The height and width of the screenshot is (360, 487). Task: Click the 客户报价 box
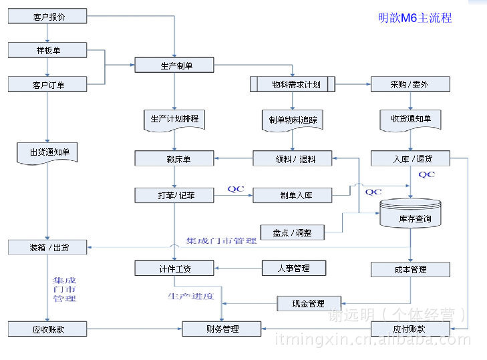click(x=48, y=15)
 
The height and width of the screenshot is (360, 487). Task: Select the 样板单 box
click(x=48, y=50)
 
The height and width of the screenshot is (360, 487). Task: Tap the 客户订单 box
click(x=48, y=85)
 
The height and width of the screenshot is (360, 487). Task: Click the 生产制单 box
click(x=174, y=65)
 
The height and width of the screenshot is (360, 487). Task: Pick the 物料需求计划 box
click(x=293, y=85)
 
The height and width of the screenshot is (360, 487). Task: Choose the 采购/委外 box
click(x=410, y=85)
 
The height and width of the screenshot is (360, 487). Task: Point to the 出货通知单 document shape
click(x=48, y=152)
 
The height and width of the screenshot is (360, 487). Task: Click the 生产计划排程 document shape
click(x=174, y=119)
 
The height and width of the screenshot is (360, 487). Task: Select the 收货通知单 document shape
click(x=410, y=119)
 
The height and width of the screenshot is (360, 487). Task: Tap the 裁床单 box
click(x=174, y=159)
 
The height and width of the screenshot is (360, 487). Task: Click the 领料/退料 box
click(x=293, y=159)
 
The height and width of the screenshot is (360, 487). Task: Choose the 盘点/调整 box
click(x=293, y=232)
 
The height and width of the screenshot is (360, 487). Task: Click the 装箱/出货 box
click(x=48, y=247)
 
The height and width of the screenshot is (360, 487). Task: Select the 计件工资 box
click(x=174, y=268)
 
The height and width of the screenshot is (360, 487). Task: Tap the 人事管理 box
click(x=293, y=268)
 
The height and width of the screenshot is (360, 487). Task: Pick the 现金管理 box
click(x=308, y=304)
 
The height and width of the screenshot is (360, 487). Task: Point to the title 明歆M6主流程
click(x=414, y=18)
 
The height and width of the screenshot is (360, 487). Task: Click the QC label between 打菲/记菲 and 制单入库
click(x=236, y=188)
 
